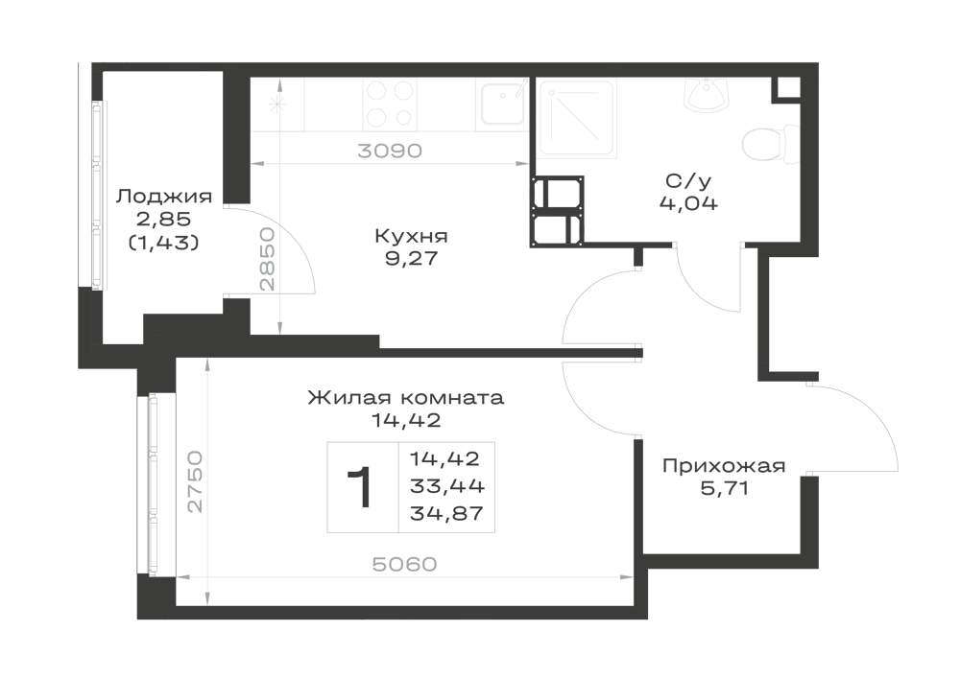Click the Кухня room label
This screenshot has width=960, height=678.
[x=411, y=236]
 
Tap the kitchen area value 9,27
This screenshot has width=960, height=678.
[x=412, y=259]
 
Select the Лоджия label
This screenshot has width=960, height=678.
[x=164, y=198]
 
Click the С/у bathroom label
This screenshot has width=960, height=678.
[x=688, y=181]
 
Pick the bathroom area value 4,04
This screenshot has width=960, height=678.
[x=688, y=203]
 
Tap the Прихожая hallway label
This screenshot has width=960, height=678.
[x=724, y=466]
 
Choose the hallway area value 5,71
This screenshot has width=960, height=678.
[x=724, y=489]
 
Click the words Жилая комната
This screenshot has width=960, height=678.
[x=405, y=398]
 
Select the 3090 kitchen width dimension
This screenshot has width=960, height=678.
[x=390, y=151]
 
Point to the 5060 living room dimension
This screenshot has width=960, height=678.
[x=405, y=564]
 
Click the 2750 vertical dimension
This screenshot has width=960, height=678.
[x=195, y=481]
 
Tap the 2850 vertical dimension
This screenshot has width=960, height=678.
[x=267, y=259]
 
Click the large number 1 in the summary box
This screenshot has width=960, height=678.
[x=361, y=487]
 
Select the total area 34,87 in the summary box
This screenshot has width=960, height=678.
[x=447, y=514]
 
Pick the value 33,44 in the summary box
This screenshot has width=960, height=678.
[x=447, y=486]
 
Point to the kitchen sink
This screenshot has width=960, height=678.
[x=502, y=104]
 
